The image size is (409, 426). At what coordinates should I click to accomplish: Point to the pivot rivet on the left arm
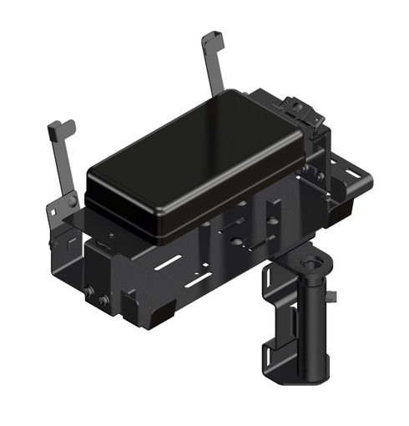pyautogui.click(x=73, y=201)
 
